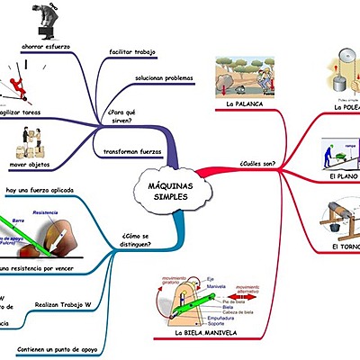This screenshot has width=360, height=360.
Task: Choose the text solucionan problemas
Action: click(x=164, y=78)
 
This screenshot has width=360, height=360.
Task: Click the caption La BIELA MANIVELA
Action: click(x=209, y=333)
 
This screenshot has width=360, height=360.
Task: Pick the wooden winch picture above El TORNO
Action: click(x=339, y=219)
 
